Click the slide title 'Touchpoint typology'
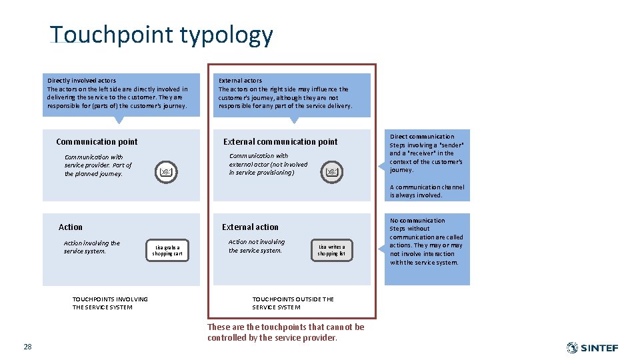click(x=161, y=35)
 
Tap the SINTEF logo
click(x=592, y=347)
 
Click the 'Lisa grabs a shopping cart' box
click(x=167, y=250)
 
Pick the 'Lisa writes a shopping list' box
click(x=331, y=250)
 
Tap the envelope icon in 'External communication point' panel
click(x=332, y=173)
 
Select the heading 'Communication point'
click(x=97, y=141)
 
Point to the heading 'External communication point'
click(x=280, y=141)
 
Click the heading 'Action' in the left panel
click(x=71, y=227)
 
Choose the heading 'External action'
click(x=250, y=227)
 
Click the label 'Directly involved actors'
click(x=81, y=81)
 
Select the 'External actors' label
click(x=240, y=81)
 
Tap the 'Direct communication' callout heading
click(x=422, y=137)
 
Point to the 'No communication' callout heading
click(x=417, y=221)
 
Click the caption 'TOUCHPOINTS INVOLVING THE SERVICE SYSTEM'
click(x=110, y=303)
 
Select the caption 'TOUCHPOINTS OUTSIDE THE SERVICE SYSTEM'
click(x=293, y=303)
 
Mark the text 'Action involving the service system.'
click(x=92, y=247)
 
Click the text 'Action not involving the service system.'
click(x=257, y=246)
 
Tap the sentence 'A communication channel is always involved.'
click(x=427, y=191)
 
